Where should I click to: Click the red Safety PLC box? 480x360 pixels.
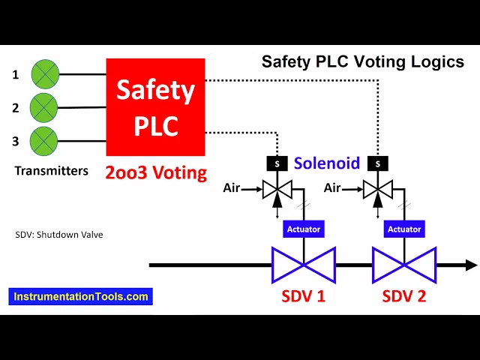(156, 106)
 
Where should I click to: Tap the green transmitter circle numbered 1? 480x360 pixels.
(43, 74)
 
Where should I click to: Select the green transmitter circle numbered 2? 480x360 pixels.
(43, 107)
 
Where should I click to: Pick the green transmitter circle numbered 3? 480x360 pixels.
(43, 140)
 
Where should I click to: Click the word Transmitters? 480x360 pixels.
(51, 171)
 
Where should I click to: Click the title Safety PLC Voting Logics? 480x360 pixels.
(362, 62)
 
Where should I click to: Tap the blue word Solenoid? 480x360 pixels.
(327, 163)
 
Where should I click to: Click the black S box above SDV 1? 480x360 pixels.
(277, 163)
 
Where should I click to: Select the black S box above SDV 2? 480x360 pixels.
(377, 163)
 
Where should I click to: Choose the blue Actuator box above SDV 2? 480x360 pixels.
(403, 229)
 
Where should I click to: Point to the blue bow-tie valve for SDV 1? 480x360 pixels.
(302, 264)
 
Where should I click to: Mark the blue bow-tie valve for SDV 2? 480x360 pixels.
(403, 264)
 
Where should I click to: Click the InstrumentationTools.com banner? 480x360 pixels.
(81, 296)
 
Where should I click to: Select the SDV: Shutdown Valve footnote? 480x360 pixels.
(58, 235)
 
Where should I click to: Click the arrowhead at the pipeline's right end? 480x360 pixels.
(471, 264)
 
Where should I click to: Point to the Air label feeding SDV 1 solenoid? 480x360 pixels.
(232, 188)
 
